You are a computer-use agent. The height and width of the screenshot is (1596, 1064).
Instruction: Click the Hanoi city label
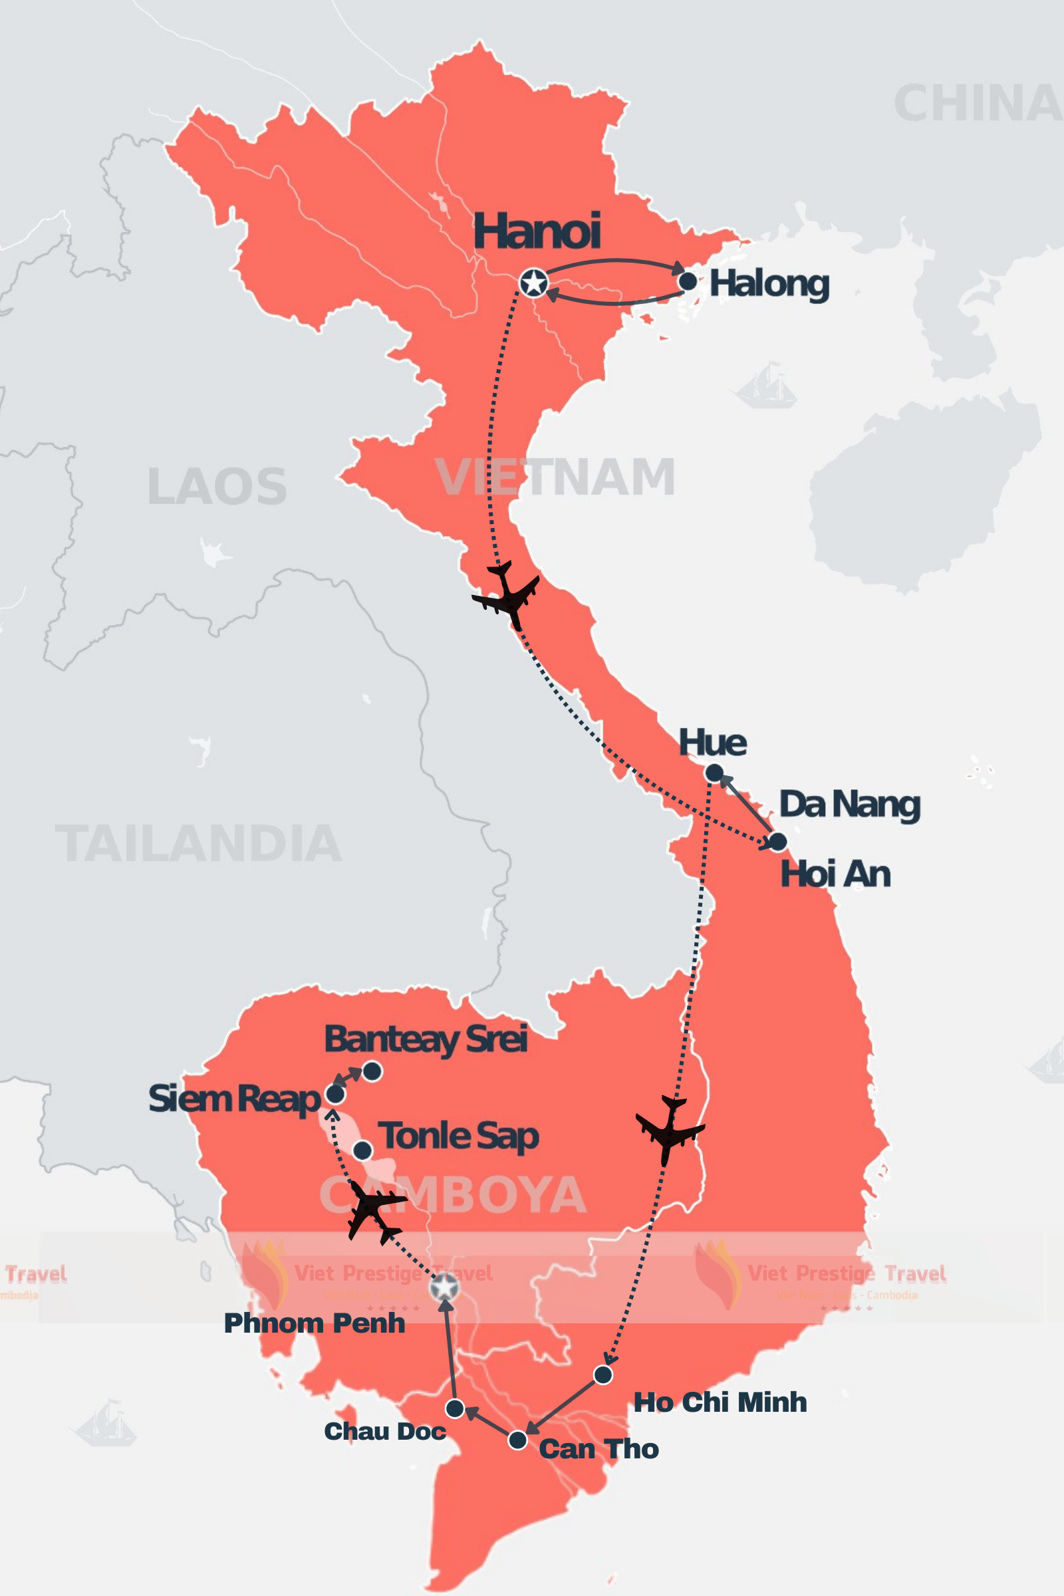click(x=537, y=231)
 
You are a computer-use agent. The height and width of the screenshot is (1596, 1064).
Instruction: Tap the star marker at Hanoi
click(x=534, y=283)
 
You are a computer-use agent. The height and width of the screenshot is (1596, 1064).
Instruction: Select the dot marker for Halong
click(x=688, y=281)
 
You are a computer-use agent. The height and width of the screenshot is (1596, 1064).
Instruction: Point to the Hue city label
click(x=712, y=742)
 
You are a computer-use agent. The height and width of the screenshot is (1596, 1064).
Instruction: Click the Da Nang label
click(x=850, y=805)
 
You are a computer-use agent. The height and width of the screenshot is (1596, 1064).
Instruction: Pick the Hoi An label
click(x=835, y=874)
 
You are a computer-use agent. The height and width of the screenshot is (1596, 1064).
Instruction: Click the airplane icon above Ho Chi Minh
click(x=670, y=1129)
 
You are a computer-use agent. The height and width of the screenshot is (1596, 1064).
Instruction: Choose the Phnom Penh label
click(x=314, y=1323)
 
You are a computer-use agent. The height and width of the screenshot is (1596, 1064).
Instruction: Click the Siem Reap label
click(x=234, y=1099)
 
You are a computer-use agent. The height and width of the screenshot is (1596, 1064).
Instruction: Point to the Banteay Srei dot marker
click(x=372, y=1071)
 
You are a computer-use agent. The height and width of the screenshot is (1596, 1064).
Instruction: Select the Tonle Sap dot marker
click(x=363, y=1150)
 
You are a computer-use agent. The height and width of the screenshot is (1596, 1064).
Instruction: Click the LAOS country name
click(x=217, y=487)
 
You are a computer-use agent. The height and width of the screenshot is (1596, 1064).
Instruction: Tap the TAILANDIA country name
click(x=198, y=843)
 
